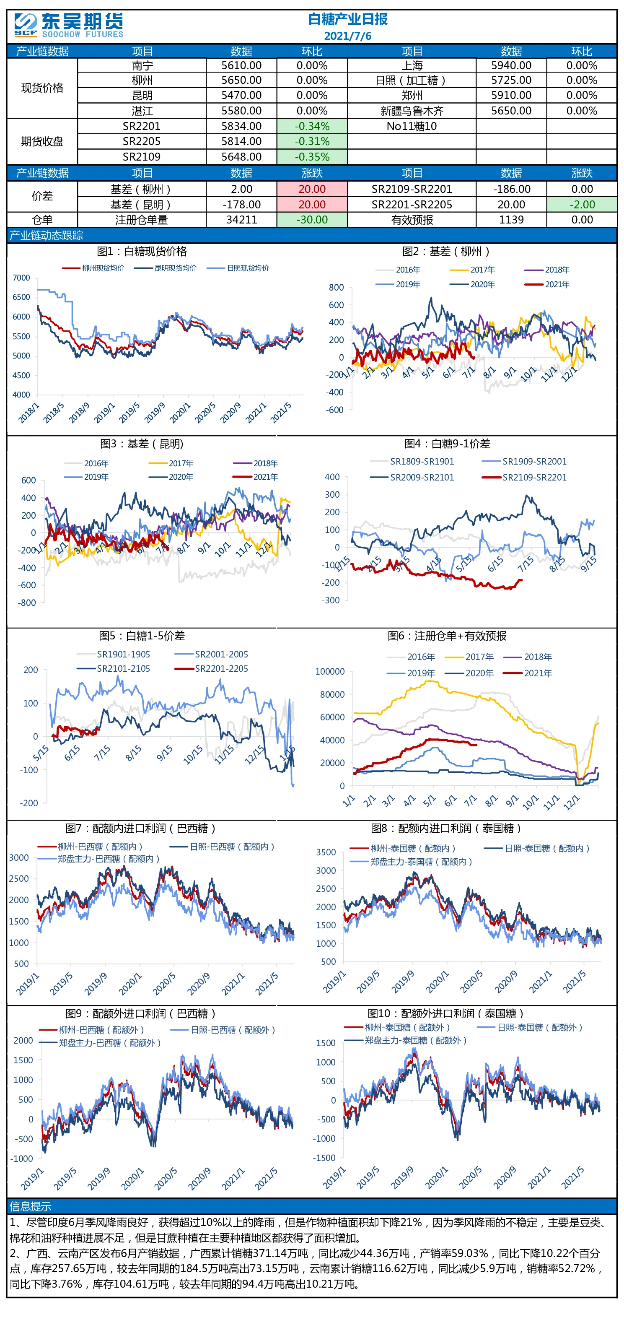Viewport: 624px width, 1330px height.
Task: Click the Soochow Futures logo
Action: click(69, 25)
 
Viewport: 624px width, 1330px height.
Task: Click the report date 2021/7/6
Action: click(347, 36)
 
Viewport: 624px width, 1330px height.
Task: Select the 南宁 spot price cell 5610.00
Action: click(241, 65)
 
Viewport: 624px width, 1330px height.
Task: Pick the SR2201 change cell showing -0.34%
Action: click(312, 127)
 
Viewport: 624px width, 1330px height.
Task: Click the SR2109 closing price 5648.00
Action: click(241, 157)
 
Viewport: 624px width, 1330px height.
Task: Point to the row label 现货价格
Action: click(42, 88)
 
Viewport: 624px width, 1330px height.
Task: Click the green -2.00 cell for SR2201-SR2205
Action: click(582, 205)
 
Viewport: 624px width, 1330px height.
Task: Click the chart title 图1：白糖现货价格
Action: click(142, 252)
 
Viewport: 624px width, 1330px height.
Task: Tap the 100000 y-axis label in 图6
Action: click(330, 672)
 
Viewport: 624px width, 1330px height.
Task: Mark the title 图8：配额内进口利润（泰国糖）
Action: click(446, 828)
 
